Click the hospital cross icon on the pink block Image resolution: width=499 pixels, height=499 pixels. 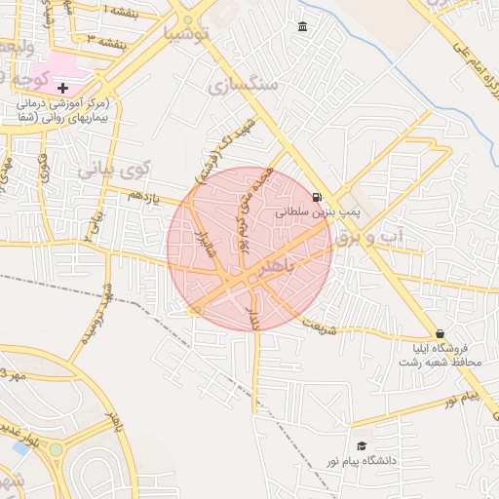click(63, 89)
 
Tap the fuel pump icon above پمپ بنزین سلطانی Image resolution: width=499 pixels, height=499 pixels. click(318, 196)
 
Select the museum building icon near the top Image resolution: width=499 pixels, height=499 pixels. click(303, 25)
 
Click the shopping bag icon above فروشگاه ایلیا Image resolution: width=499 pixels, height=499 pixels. click(440, 332)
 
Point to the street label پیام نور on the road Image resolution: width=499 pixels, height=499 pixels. click(458, 399)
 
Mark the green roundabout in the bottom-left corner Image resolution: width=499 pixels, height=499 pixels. click(57, 449)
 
